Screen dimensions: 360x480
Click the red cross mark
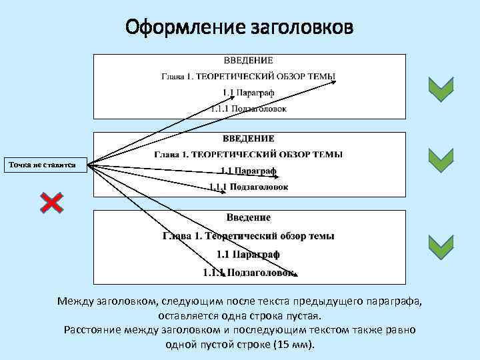52,203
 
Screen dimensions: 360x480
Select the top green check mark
441,89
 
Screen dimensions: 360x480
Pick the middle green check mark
441,160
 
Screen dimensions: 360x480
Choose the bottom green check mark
441,247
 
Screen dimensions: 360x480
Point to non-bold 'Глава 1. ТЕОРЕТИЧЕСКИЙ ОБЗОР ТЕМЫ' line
248,77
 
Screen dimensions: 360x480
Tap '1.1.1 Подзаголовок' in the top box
249,108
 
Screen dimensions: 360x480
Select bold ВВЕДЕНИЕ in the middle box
248,139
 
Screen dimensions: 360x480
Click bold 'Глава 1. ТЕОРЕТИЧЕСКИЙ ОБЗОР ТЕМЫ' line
248,155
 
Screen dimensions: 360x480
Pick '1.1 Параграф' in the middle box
249,171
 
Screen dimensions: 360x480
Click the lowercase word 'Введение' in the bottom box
248,217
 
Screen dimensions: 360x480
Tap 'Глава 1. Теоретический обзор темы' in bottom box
249,235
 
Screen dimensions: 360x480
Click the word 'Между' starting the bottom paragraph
74,301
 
